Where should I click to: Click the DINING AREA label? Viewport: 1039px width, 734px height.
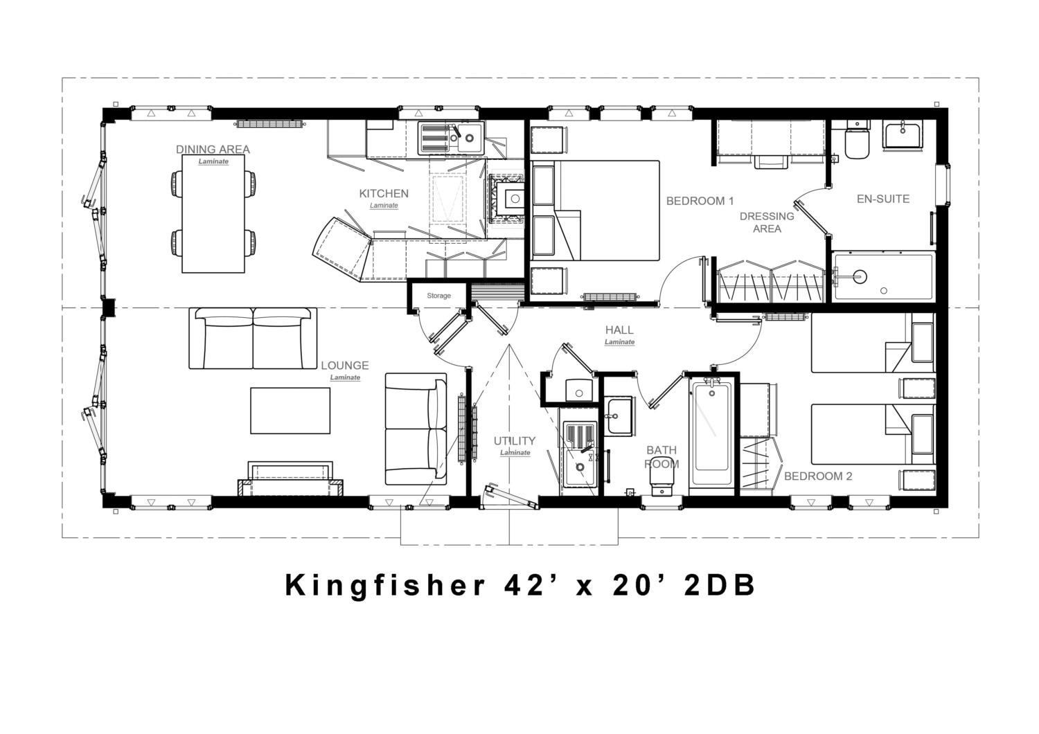tap(213, 150)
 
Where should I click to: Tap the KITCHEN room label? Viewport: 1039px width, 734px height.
tap(384, 193)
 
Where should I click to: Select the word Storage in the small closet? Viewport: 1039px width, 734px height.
tap(438, 296)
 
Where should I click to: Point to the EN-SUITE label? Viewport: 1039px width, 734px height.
tap(882, 199)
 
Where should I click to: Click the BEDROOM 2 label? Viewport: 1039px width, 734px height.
tap(818, 476)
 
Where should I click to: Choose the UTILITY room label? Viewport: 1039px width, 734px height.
tap(515, 440)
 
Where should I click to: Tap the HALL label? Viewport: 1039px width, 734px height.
tap(619, 330)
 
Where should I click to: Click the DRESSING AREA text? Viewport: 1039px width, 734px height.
tap(767, 222)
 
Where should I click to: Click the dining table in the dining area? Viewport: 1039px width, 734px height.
tap(213, 214)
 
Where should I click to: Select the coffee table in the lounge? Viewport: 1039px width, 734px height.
tap(290, 411)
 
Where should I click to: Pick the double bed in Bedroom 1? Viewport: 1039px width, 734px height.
tap(595, 210)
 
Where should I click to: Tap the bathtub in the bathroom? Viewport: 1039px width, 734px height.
tap(711, 433)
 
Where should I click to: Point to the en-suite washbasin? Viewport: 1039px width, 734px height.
tap(903, 134)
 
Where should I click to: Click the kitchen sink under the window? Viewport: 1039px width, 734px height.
tap(451, 138)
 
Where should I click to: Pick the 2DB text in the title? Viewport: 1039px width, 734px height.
tap(720, 585)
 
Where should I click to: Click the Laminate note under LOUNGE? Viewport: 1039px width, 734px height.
tap(345, 377)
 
